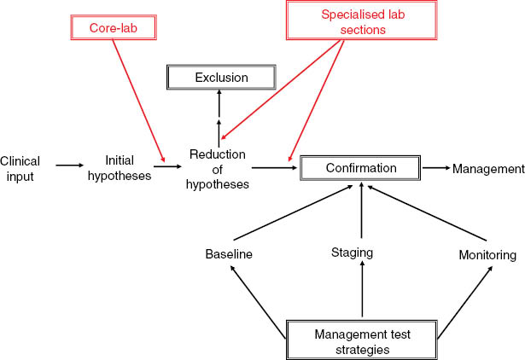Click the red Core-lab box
pyautogui.click(x=113, y=27)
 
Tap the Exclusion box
pyautogui.click(x=220, y=78)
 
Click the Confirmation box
pyautogui.click(x=361, y=168)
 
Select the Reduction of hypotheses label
pyautogui.click(x=219, y=169)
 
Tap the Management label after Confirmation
pyautogui.click(x=487, y=168)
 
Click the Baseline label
pyautogui.click(x=229, y=254)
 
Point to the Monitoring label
pyautogui.click(x=487, y=254)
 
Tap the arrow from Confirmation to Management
pyautogui.click(x=435, y=168)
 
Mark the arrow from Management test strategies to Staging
pyautogui.click(x=363, y=291)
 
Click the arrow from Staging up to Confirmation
pyautogui.click(x=362, y=212)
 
